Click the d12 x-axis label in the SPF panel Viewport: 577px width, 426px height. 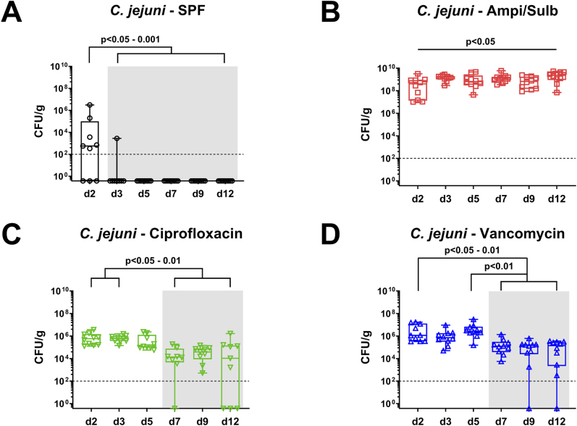(x=226, y=194)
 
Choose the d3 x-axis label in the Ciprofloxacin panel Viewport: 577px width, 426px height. (x=118, y=420)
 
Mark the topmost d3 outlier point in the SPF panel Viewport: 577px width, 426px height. (x=116, y=138)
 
